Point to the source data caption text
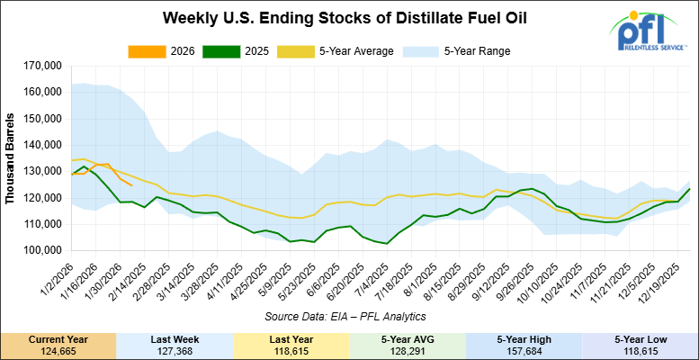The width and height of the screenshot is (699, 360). (344, 316)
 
